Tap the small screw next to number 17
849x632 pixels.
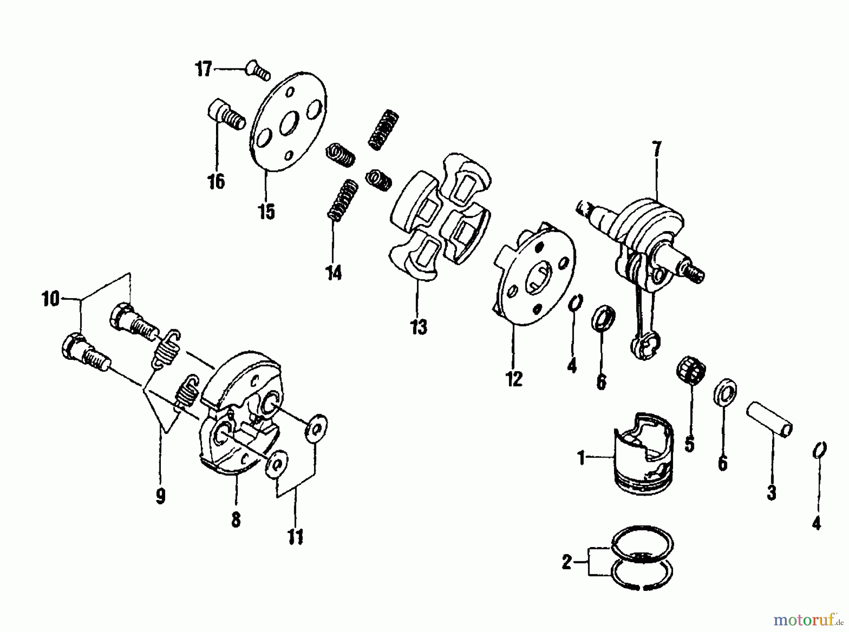257,71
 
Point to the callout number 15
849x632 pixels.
266,212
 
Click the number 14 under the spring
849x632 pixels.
333,273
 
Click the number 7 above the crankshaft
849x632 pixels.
657,149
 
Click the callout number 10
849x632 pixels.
51,299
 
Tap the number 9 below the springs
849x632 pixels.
160,496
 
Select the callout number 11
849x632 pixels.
295,537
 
